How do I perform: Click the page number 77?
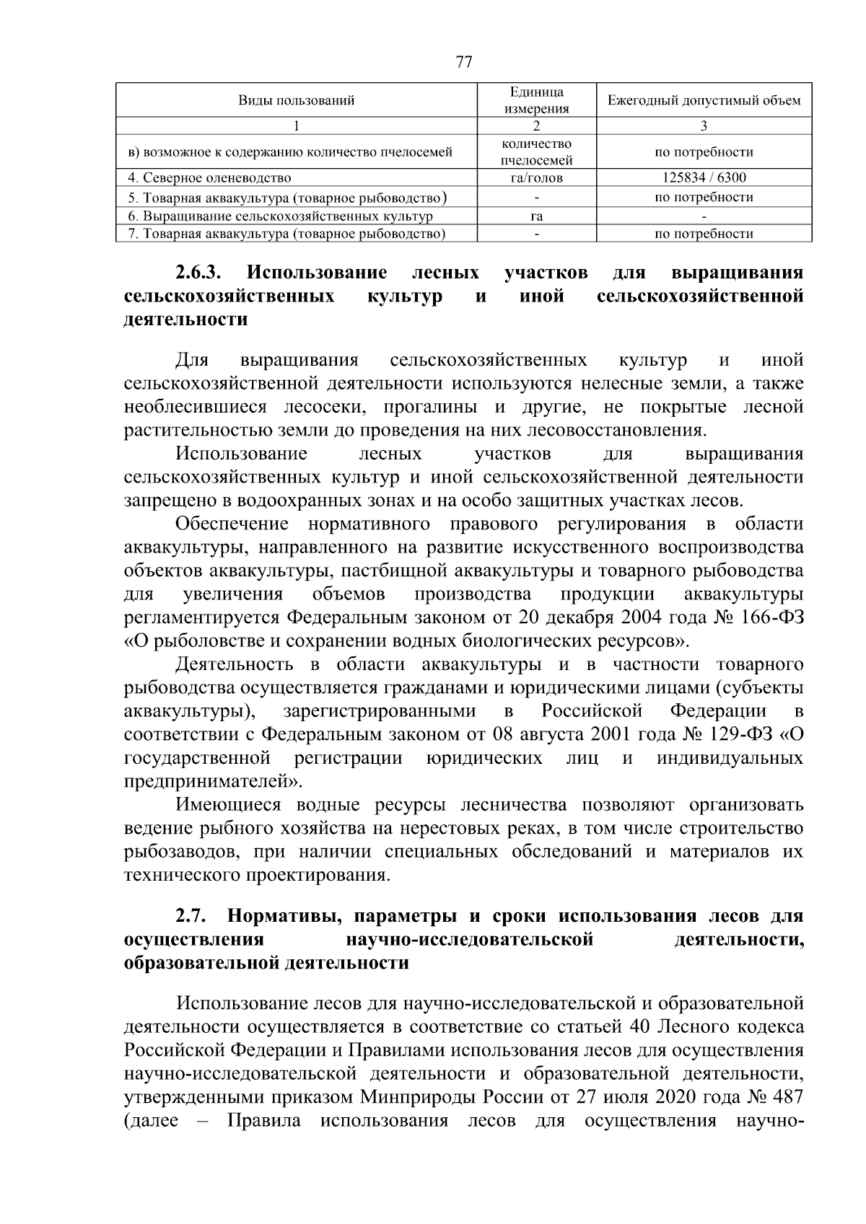464,62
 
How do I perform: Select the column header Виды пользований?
297,101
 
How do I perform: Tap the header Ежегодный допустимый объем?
704,101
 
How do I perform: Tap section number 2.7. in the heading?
192,917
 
